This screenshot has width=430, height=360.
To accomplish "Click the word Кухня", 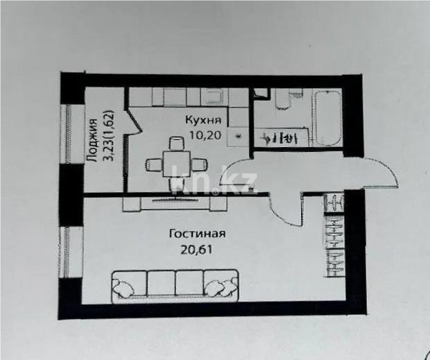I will [x=204, y=120].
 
